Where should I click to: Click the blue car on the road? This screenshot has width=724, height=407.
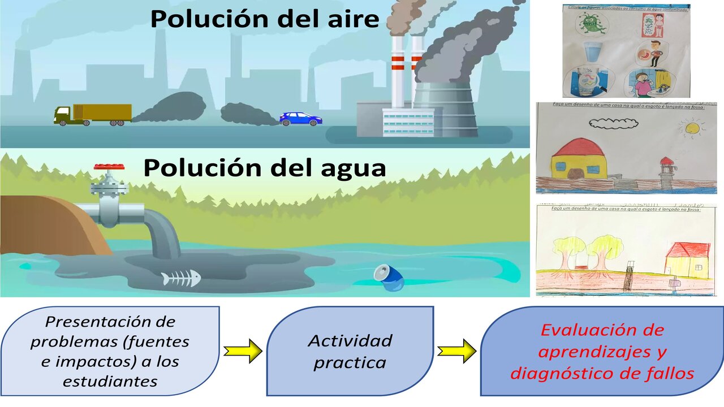coord(300,119)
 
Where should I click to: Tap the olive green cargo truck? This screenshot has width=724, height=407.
coord(93,114)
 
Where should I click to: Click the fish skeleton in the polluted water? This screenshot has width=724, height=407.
coord(180,279)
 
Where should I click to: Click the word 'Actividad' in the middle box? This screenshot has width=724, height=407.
coord(350,341)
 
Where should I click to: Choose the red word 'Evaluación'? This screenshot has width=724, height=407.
coord(602,330)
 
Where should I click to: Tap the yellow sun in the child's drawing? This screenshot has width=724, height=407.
coord(692,129)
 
